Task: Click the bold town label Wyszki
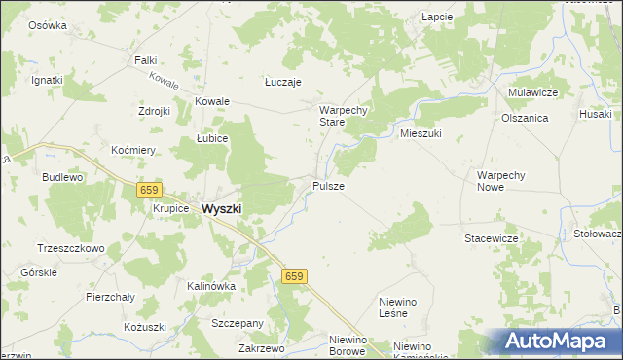click(x=221, y=208)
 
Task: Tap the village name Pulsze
click(x=327, y=185)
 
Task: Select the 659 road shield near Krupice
click(x=148, y=190)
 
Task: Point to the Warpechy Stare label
click(x=344, y=116)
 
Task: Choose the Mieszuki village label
click(x=421, y=133)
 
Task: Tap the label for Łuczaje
click(x=283, y=83)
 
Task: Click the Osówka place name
click(x=48, y=25)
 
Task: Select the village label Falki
click(x=145, y=60)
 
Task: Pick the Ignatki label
click(x=47, y=80)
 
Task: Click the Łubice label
click(x=211, y=138)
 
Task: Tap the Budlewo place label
click(x=62, y=178)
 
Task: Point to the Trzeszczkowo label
click(x=70, y=248)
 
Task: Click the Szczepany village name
click(x=238, y=323)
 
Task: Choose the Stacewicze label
click(x=491, y=237)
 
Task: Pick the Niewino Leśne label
click(x=397, y=308)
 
